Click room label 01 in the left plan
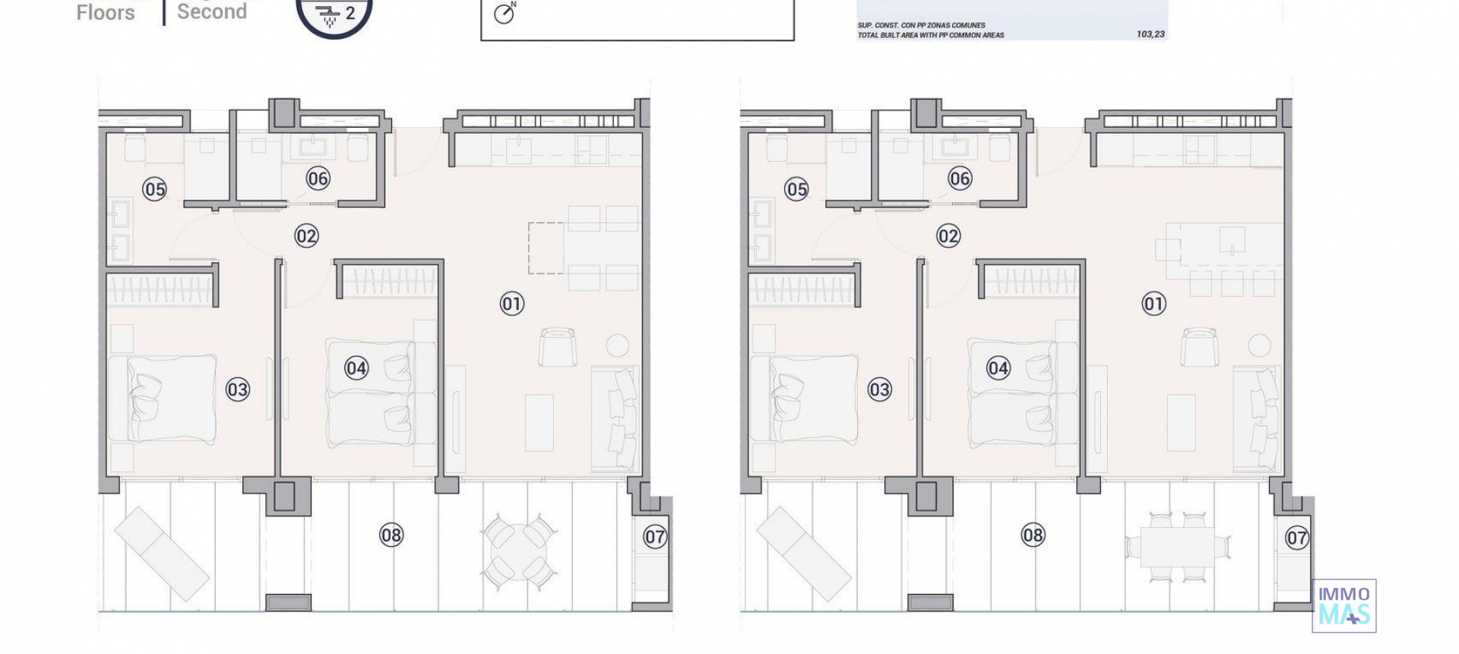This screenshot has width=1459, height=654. pos(511,304)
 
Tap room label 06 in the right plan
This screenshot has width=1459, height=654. pos(960,179)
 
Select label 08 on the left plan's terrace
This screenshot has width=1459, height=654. pos(391,535)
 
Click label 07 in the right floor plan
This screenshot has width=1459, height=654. pos(1296,538)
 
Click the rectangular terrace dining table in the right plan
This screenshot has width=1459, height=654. pos(1179,547)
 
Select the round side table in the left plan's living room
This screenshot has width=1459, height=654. pos(617,345)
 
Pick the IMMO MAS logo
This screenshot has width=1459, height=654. pos(1343,606)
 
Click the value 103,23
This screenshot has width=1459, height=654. pos(1150,34)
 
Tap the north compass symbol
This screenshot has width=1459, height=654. pos(505,14)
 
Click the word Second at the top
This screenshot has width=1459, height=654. pos(212,11)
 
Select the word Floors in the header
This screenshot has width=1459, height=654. pos(106,12)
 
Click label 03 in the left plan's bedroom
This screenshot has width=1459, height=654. pos(238,390)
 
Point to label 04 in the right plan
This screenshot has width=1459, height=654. pos(998,369)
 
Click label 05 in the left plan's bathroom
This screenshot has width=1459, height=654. pos(154,189)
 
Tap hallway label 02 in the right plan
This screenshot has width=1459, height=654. pos(948,237)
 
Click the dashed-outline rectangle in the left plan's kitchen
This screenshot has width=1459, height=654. pos(546,248)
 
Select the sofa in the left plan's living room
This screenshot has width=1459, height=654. pos(614,418)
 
